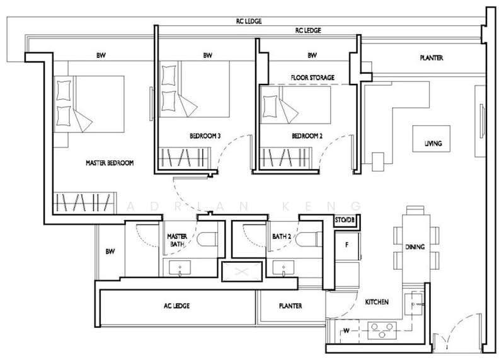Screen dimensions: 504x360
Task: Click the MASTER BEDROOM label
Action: pyautogui.click(x=110, y=163)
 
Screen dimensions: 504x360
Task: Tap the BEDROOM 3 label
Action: pyautogui.click(x=205, y=136)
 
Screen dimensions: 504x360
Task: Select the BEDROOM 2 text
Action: pyautogui.click(x=307, y=136)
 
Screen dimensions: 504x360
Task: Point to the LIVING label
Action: pyautogui.click(x=433, y=143)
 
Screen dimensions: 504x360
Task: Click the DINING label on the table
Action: pyautogui.click(x=415, y=247)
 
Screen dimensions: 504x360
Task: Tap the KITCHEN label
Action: pyautogui.click(x=377, y=302)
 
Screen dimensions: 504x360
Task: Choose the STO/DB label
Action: pyautogui.click(x=345, y=220)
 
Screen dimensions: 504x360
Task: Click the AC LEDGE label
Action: pyautogui.click(x=176, y=306)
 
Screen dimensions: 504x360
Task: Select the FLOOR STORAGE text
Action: pyautogui.click(x=312, y=78)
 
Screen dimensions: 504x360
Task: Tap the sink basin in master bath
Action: pyautogui.click(x=180, y=268)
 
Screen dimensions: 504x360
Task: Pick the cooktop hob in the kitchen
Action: pyautogui.click(x=382, y=330)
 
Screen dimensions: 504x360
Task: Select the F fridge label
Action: pyautogui.click(x=347, y=245)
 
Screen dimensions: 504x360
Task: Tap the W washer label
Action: pyautogui.click(x=346, y=331)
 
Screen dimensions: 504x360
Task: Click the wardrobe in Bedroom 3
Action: pyautogui.click(x=185, y=158)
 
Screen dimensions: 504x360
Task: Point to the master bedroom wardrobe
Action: pyautogui.click(x=84, y=202)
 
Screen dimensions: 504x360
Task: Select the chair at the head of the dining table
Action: pyautogui.click(x=416, y=210)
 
